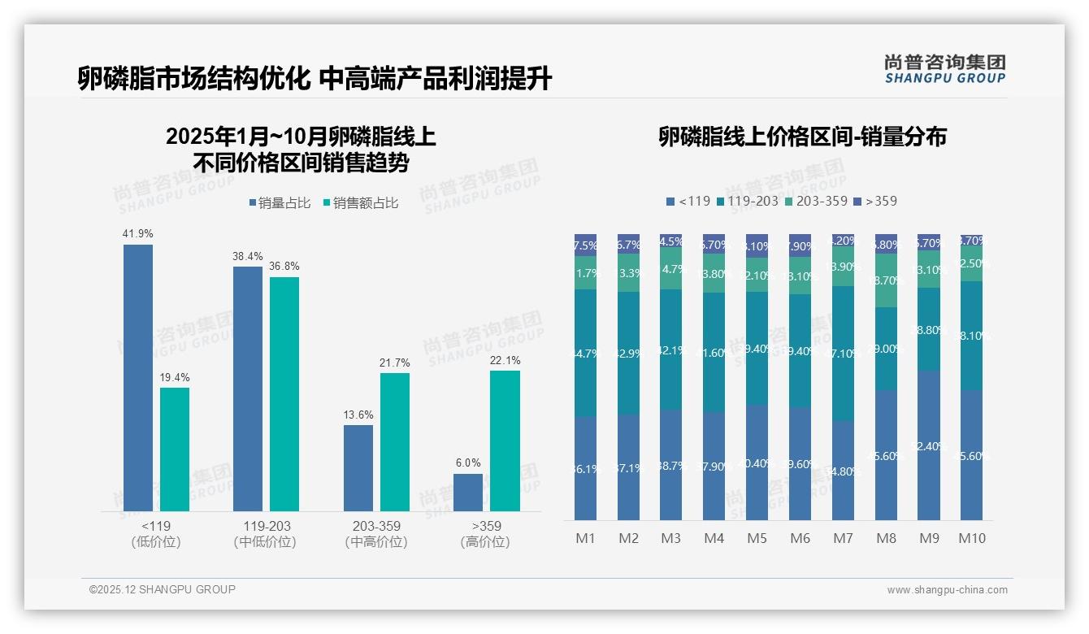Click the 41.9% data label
point(137,234)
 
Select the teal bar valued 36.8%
point(284,394)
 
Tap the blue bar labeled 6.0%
point(468,493)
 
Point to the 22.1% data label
point(505,360)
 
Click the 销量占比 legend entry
point(280,203)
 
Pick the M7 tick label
point(843,538)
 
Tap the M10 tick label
point(972,538)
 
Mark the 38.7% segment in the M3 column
point(671,465)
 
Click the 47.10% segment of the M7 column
point(843,353)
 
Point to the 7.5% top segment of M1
point(585,245)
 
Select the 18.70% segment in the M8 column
point(886,280)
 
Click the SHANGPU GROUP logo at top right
point(944,69)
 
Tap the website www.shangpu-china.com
point(947,590)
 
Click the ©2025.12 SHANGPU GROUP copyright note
point(163,589)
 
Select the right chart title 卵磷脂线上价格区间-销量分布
point(802,137)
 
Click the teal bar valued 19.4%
point(175,449)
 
